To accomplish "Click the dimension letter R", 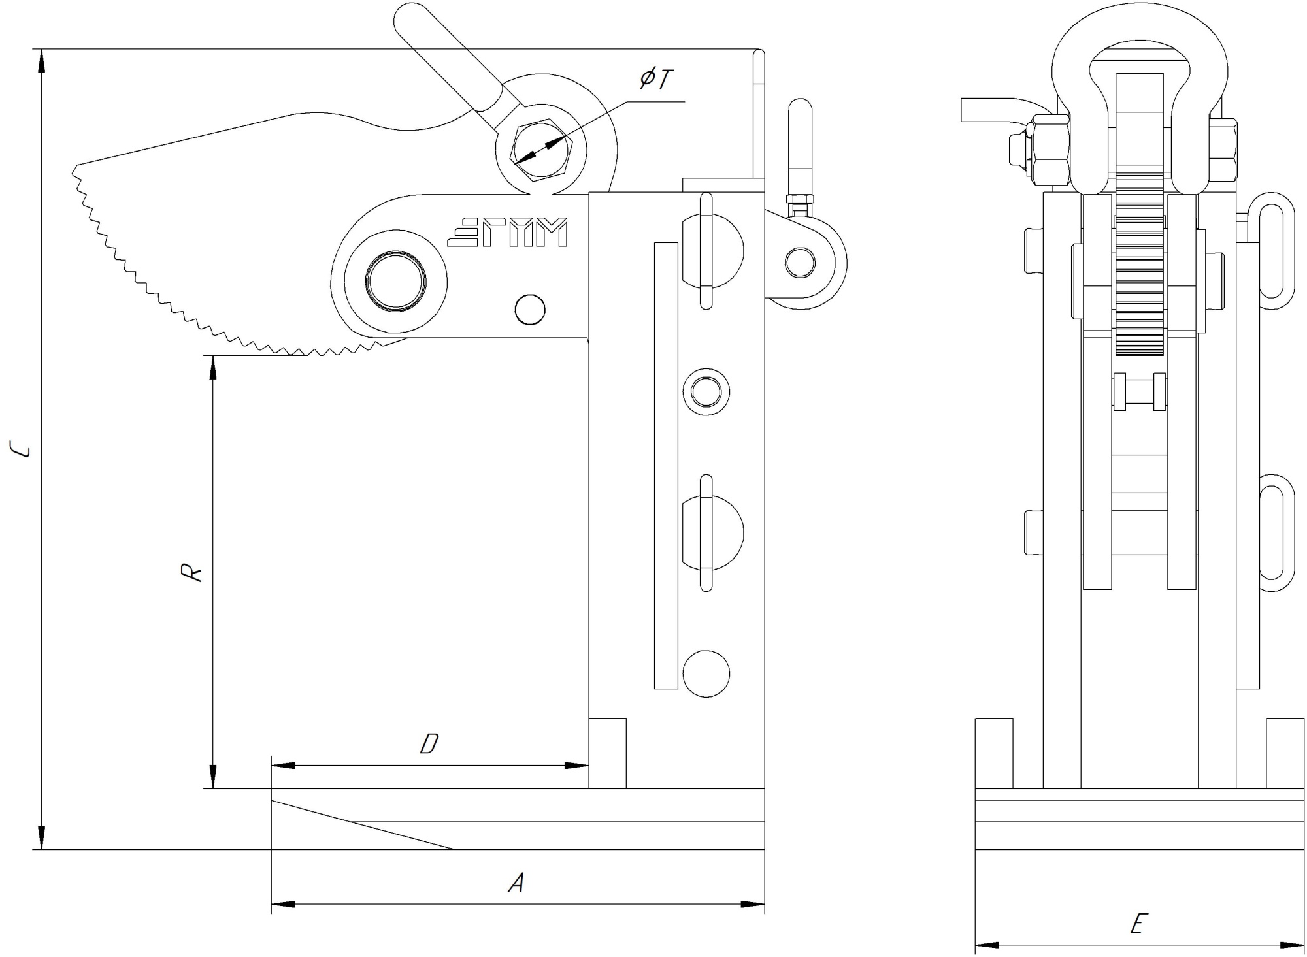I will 191,573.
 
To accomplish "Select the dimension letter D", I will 429,744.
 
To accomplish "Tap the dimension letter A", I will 517,884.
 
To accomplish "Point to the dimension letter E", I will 1138,924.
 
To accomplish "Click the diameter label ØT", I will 656,80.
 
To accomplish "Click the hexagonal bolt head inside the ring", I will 542,150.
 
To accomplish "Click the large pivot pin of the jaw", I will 396,282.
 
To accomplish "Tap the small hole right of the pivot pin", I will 530,310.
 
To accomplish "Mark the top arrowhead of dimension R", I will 212,366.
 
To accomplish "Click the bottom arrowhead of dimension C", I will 41,839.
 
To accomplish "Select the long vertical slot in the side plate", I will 666,465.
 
